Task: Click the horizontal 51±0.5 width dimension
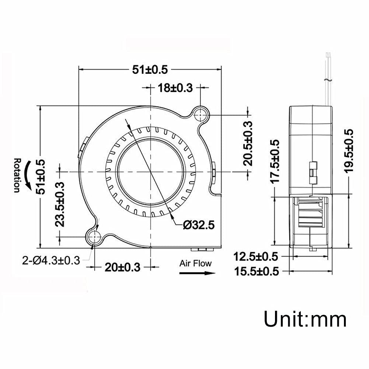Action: point(150,70)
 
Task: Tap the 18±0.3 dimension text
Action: point(175,88)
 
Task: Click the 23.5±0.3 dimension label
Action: point(60,204)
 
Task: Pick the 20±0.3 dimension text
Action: point(122,267)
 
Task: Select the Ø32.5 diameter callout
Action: point(199,225)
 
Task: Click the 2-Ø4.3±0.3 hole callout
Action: point(51,261)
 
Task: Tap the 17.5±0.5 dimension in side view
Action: point(275,161)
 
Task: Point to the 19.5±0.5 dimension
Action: point(348,151)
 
